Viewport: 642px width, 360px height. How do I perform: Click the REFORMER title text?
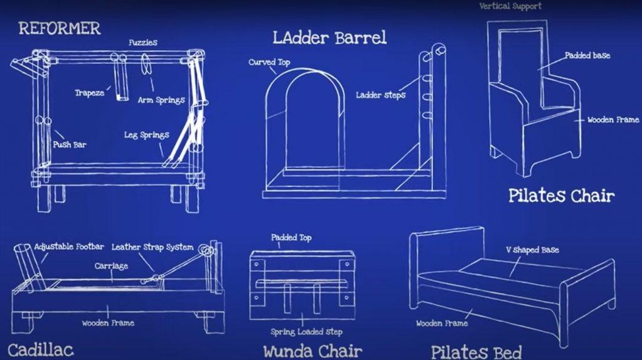tap(59, 28)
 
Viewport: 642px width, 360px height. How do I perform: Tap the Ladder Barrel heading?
tap(329, 37)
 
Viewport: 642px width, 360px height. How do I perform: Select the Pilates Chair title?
tap(561, 196)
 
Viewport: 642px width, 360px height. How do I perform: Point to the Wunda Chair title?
tap(312, 351)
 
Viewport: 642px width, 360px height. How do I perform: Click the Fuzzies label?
tap(143, 43)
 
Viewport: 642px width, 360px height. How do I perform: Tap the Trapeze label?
tap(90, 93)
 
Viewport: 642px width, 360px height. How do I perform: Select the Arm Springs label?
tap(161, 100)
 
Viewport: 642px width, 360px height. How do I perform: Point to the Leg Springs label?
tap(147, 135)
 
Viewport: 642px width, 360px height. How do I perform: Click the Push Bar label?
tap(69, 145)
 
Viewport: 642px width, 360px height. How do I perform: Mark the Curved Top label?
tap(269, 62)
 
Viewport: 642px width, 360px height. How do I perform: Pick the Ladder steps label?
tap(381, 95)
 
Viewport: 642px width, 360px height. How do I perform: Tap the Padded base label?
tap(587, 55)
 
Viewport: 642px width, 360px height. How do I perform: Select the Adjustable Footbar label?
tap(69, 246)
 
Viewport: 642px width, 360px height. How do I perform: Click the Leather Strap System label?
tap(152, 246)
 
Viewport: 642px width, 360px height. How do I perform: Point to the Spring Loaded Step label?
tap(307, 332)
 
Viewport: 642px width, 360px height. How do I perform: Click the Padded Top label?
tap(291, 238)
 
